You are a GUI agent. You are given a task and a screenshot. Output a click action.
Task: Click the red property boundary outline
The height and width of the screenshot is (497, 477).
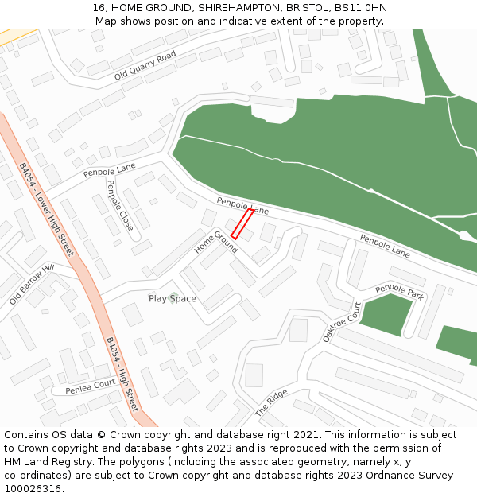click(242, 224)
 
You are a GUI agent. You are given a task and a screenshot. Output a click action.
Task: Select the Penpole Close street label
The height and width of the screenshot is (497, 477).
click(120, 205)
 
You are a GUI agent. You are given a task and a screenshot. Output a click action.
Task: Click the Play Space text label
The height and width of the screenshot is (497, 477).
click(173, 299)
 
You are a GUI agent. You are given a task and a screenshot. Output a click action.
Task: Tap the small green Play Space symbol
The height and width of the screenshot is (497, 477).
click(173, 298)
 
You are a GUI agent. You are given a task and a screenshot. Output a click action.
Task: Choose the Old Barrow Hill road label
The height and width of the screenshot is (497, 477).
click(31, 285)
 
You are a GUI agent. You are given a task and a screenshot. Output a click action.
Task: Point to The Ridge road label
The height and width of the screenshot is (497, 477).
click(271, 404)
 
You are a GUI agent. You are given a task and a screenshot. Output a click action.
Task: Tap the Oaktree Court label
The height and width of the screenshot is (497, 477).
click(342, 322)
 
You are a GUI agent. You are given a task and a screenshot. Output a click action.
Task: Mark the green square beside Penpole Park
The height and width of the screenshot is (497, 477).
click(386, 315)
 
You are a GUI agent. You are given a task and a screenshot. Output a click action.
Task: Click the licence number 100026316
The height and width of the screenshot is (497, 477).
click(33, 489)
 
